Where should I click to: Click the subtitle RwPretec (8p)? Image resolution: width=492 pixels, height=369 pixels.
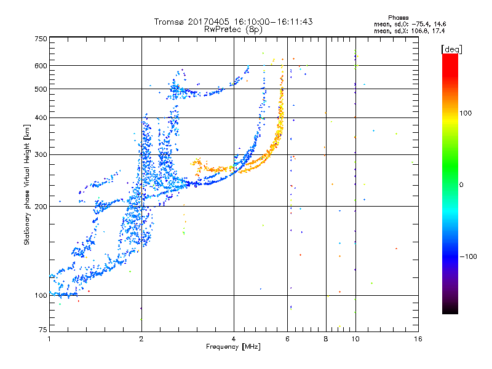[233, 30]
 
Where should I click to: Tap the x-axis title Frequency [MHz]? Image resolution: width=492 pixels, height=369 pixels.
[233, 347]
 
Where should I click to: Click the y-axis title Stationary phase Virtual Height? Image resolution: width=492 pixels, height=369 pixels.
[26, 185]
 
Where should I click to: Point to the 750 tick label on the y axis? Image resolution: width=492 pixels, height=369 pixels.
[41, 39]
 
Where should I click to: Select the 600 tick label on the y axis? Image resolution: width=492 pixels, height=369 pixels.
[41, 66]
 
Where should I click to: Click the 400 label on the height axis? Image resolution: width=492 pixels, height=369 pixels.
[41, 117]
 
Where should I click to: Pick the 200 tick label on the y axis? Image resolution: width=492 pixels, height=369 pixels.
[41, 207]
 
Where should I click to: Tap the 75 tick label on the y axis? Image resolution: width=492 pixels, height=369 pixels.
[43, 330]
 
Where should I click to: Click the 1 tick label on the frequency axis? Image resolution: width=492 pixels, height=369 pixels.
[49, 339]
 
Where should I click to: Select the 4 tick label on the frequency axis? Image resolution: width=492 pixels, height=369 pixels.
[234, 339]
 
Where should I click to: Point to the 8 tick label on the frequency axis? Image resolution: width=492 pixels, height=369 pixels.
[326, 339]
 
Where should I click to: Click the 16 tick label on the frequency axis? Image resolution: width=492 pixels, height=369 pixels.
[418, 339]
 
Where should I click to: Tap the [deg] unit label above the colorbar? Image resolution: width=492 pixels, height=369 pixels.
[451, 50]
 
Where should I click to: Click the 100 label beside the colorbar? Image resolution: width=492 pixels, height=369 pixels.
[466, 113]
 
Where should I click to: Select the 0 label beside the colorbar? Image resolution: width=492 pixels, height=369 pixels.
[461, 185]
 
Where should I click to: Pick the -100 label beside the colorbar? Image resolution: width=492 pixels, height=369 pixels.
[468, 256]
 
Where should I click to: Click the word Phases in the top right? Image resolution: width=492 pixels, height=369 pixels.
[398, 18]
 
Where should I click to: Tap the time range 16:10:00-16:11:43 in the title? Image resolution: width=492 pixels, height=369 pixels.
[273, 22]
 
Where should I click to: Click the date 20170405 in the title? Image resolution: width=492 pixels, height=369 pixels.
[208, 22]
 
